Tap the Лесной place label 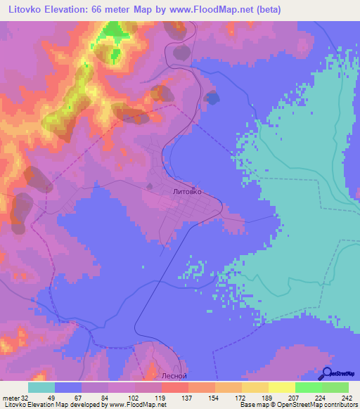tap(174, 375)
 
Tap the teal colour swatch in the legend tap(41, 387)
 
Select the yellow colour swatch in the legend tap(282, 387)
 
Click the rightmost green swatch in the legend tap(335, 387)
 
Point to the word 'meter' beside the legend tap(10, 398)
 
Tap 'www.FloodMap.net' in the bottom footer tap(138, 405)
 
